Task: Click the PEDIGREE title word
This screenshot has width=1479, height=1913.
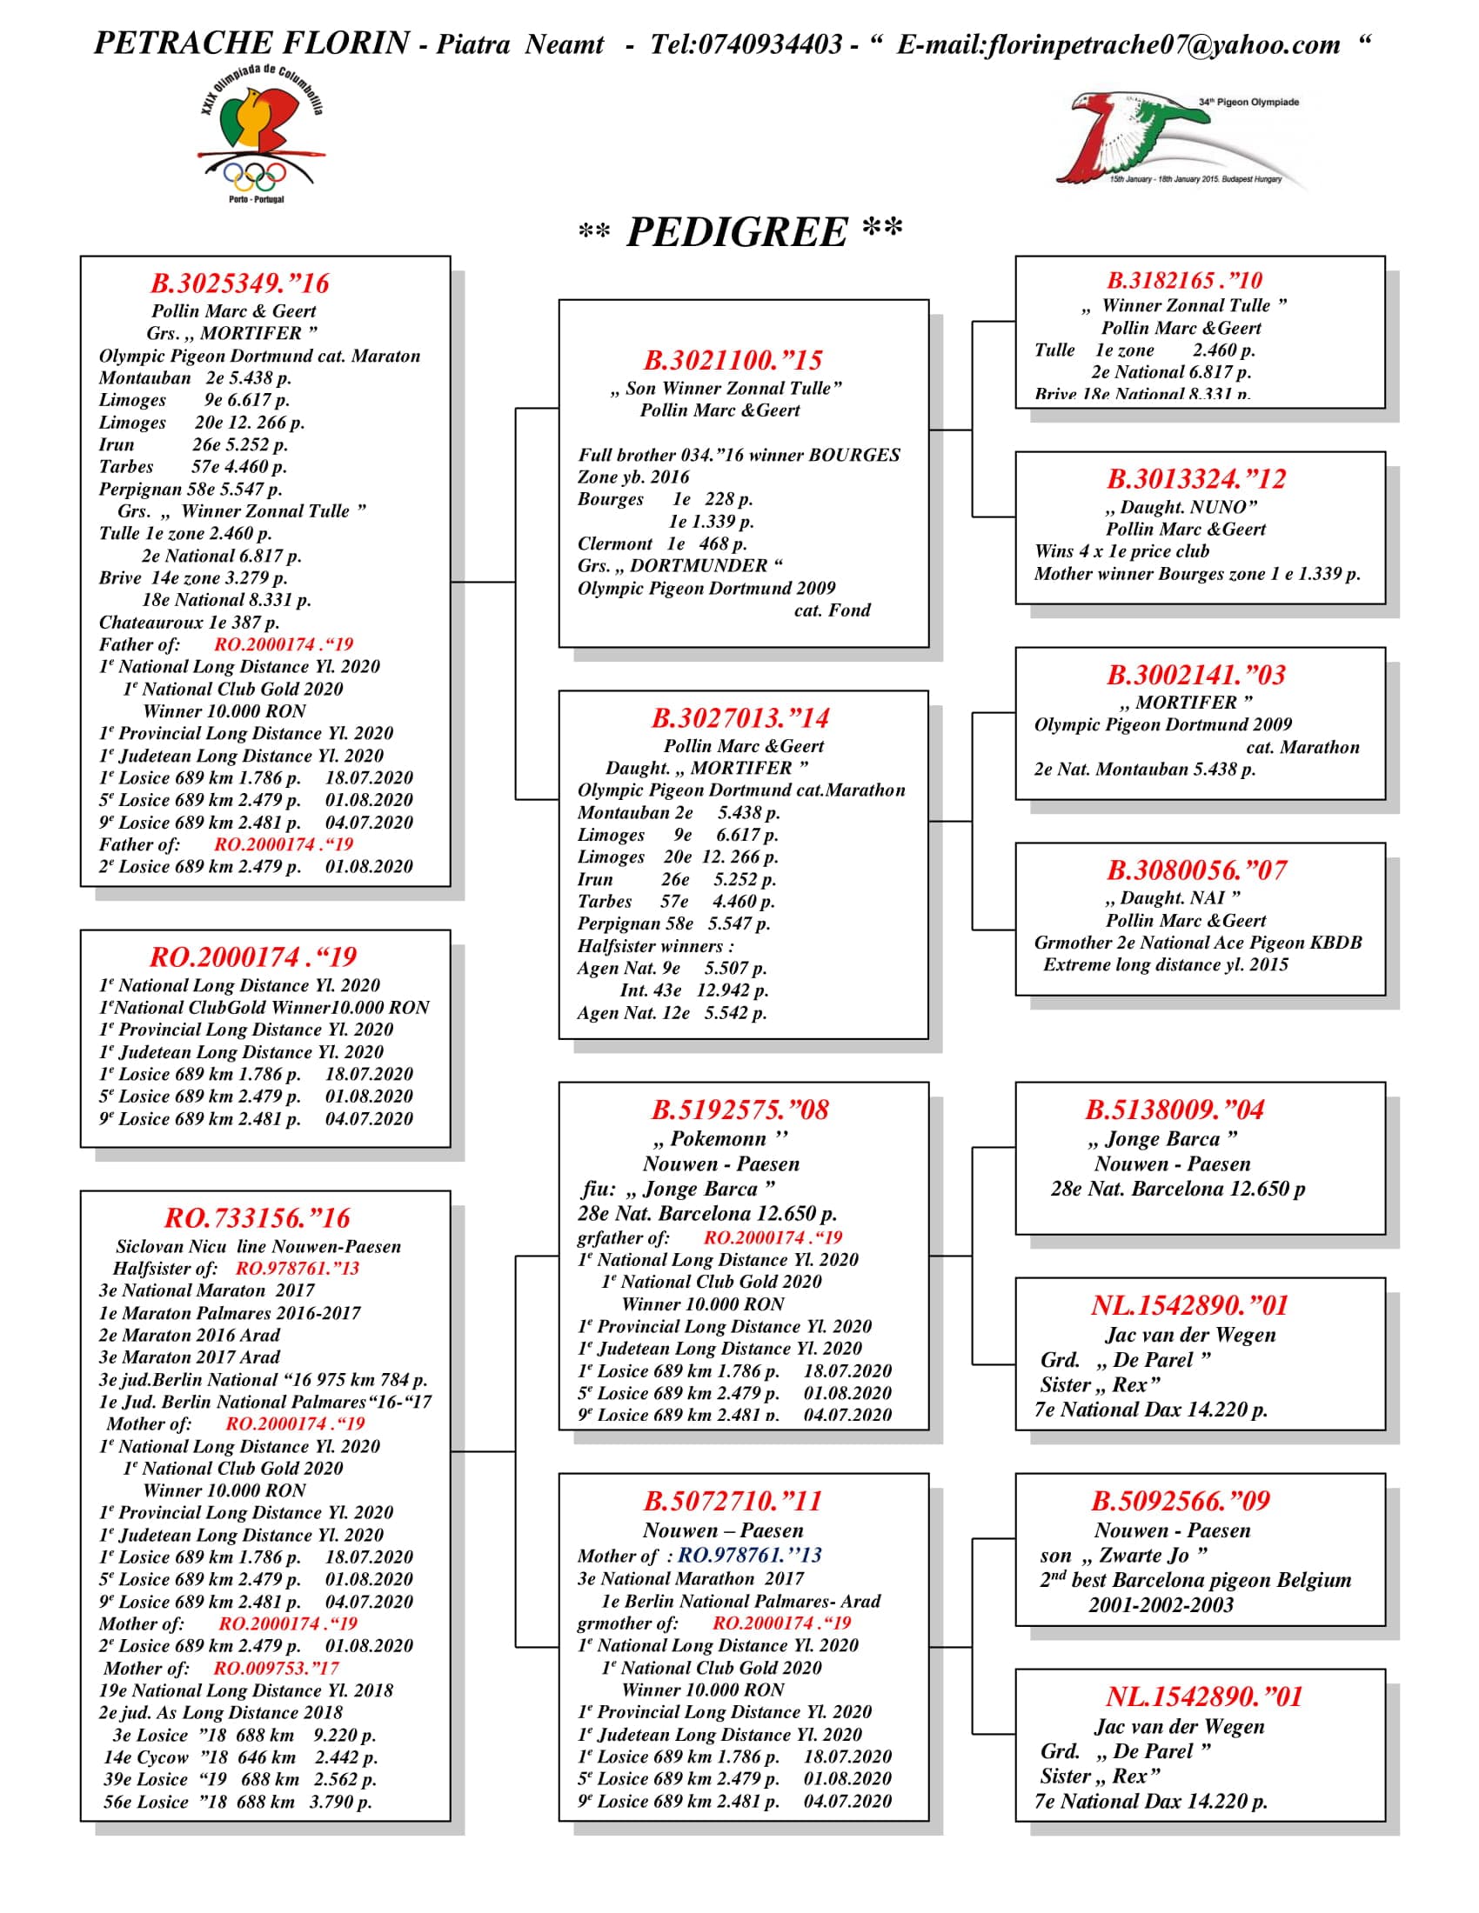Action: coord(737,233)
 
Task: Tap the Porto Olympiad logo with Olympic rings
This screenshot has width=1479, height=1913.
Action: coord(259,136)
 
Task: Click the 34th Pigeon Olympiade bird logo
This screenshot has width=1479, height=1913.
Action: coord(1174,140)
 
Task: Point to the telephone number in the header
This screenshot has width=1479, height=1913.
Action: coord(746,44)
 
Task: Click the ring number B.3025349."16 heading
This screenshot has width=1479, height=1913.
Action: coord(239,283)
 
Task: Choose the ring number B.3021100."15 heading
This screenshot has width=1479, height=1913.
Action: coord(733,360)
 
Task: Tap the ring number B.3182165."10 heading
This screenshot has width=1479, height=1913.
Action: coord(1185,281)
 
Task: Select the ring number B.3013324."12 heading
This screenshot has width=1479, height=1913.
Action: coord(1196,479)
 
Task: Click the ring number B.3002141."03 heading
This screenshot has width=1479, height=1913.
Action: coord(1196,676)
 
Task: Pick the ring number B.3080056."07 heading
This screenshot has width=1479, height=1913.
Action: coord(1196,870)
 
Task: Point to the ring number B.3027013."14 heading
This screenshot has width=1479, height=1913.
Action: coord(740,719)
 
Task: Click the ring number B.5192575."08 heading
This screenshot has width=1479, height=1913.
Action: coord(740,1110)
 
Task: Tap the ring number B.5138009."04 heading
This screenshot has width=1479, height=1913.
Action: coord(1175,1110)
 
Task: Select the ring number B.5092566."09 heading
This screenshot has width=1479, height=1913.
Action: coord(1181,1502)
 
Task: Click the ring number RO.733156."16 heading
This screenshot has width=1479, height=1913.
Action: coord(257,1218)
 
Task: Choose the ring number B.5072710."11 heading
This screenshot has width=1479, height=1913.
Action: coord(733,1502)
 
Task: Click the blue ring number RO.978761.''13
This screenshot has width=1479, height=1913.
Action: coord(750,1555)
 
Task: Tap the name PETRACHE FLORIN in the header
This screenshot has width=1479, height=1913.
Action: coord(252,43)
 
